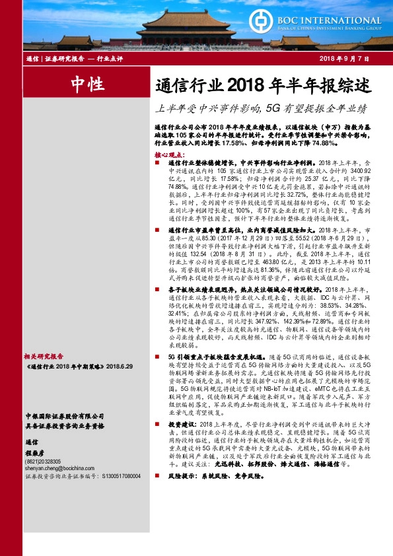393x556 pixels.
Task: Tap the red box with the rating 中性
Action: point(87,85)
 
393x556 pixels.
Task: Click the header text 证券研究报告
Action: point(65,59)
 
